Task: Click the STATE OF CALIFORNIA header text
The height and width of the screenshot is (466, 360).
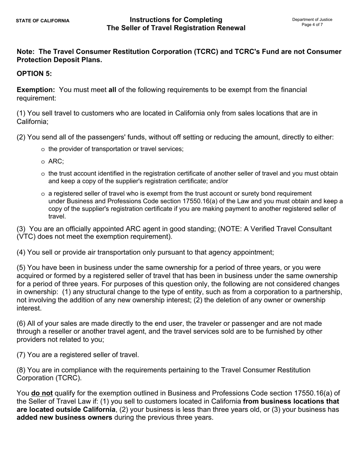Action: [42, 21]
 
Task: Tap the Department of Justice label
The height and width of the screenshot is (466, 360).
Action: [312, 19]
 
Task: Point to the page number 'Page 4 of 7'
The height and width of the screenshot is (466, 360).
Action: [312, 25]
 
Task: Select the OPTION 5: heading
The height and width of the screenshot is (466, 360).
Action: [34, 73]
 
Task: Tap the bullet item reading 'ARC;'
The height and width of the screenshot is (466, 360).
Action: [56, 161]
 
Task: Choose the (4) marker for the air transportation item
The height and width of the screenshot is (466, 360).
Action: [21, 252]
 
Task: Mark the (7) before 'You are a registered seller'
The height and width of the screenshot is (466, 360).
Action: [21, 355]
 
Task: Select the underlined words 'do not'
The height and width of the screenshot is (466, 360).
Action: [42, 393]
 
